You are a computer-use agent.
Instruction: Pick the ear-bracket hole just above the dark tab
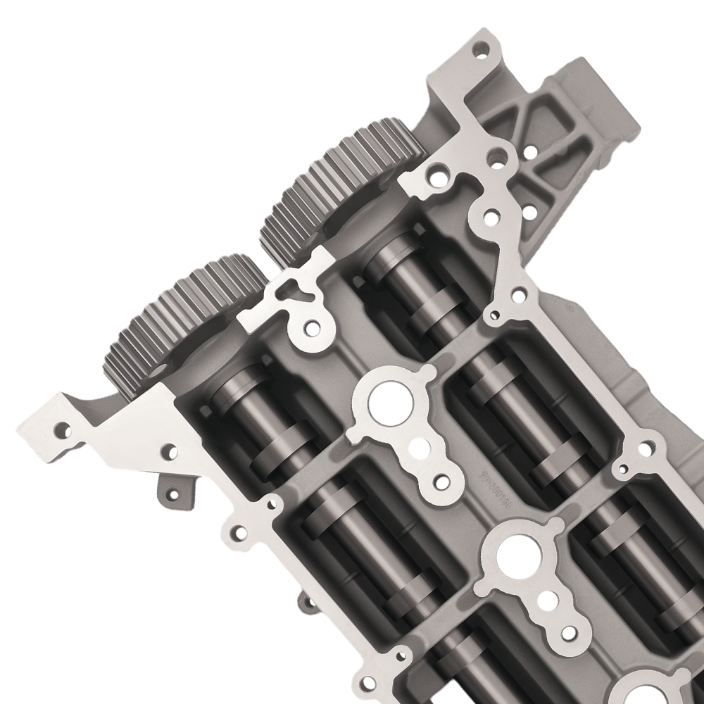coord(169,451)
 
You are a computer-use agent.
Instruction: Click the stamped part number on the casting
coord(493,486)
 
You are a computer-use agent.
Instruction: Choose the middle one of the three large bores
coord(513,553)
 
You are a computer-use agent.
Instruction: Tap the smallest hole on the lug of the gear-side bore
coord(441,482)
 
